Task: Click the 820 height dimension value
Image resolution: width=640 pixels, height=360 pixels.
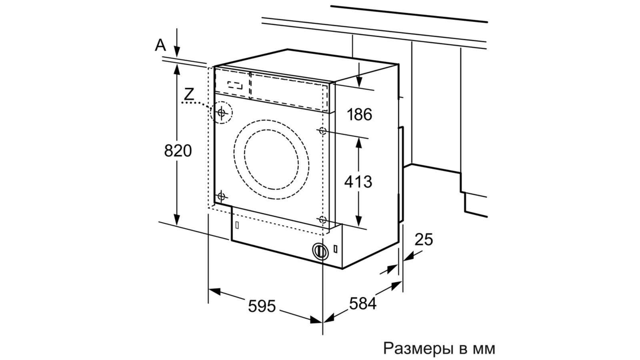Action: coord(178,150)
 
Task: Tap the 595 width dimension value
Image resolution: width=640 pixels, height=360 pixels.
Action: coord(262,306)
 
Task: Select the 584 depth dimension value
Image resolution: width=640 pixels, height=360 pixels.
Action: coord(363,304)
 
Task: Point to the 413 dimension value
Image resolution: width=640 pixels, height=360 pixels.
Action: coord(358,182)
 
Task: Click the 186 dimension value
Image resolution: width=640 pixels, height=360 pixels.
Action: coord(360,114)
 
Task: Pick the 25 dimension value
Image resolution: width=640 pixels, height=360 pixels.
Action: coord(424,240)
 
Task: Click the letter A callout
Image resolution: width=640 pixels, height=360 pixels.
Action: coord(160,45)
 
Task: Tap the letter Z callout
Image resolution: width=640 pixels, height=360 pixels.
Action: coord(189,94)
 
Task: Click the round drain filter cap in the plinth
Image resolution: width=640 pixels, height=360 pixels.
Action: coord(320,250)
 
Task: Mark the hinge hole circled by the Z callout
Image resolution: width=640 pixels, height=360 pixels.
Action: coord(222,112)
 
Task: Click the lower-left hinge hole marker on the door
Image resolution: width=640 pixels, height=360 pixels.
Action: coord(221,196)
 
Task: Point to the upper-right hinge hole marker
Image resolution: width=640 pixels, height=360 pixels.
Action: coord(323,131)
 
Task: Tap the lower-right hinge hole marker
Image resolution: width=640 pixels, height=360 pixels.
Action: coord(323,220)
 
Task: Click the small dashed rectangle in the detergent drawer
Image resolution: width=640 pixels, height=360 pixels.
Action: coord(235,85)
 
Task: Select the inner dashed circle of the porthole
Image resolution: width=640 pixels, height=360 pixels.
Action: coord(272,160)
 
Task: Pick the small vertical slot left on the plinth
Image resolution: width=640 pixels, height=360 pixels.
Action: coord(237,225)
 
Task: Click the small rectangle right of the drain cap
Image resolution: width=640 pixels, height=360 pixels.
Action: coord(336,248)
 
